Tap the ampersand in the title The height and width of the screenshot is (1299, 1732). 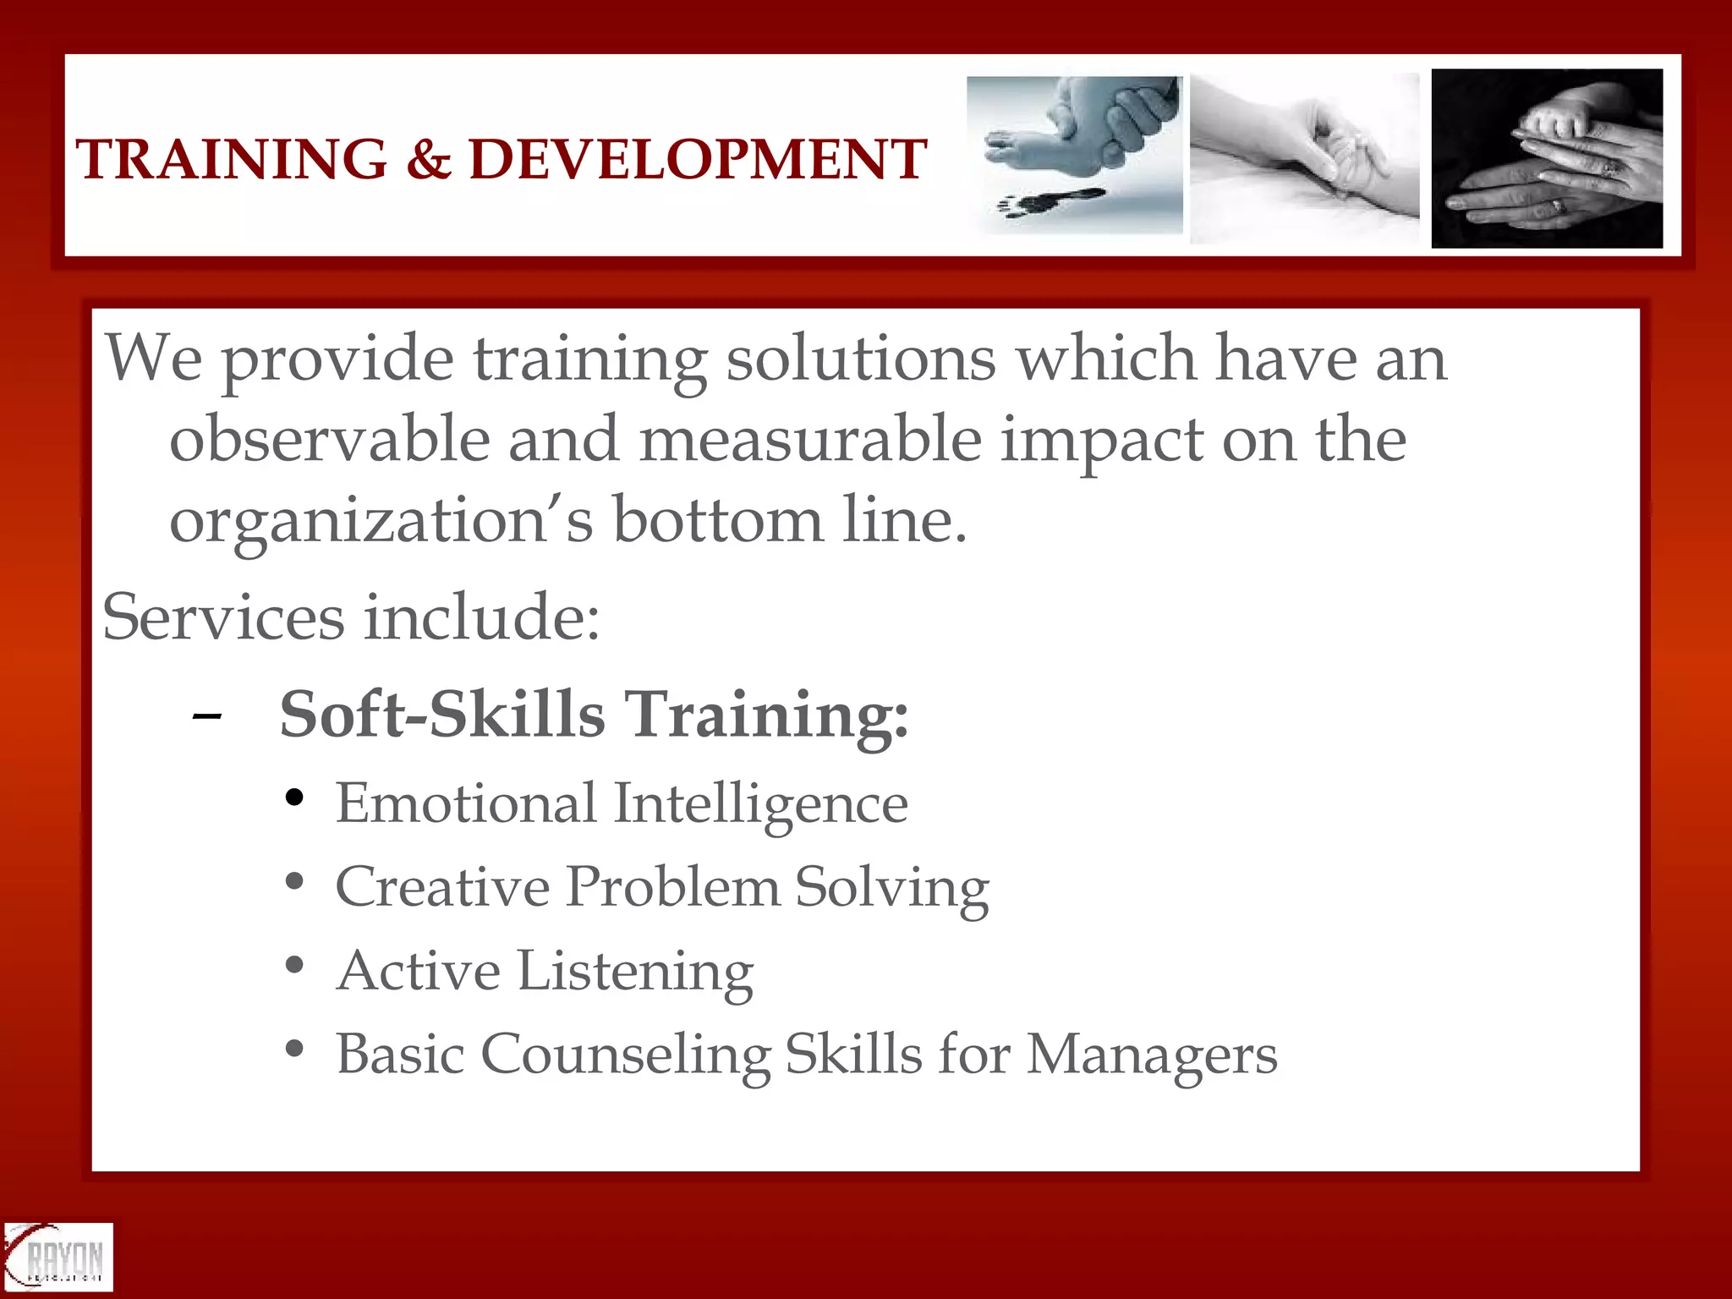[429, 159]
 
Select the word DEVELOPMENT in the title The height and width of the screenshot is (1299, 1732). [698, 159]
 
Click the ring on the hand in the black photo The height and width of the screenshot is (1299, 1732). [1557, 206]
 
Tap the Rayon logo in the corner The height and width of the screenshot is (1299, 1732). [58, 1258]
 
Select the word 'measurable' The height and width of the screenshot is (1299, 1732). [810, 440]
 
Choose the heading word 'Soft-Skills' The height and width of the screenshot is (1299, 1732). [442, 715]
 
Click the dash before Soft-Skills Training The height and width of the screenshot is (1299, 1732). [207, 717]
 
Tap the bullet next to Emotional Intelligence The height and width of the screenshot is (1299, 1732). [294, 797]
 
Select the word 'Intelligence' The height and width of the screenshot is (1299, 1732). [760, 803]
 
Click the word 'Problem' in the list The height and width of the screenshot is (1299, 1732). [673, 888]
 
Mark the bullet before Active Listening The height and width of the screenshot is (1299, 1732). [294, 965]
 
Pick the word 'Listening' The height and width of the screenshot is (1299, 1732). [634, 973]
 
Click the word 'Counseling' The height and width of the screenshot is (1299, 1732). [626, 1055]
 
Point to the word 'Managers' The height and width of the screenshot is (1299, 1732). [1152, 1055]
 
